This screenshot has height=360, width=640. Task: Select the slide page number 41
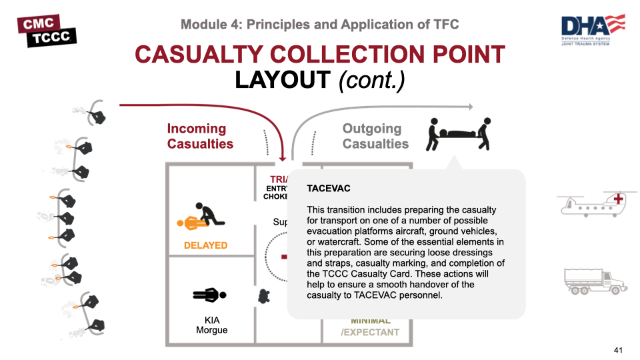coord(618,350)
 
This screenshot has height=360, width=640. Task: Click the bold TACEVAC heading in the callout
coord(329,189)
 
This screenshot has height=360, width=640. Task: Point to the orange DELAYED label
coord(205,245)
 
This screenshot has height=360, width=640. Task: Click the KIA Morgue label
coord(212,325)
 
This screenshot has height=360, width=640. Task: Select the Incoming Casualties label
coord(200,136)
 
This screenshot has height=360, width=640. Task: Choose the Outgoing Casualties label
coord(375,136)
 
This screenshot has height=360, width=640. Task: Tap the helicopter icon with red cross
coord(593,204)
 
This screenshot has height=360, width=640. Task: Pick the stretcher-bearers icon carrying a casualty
coord(460,135)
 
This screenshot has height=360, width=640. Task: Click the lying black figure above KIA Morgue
coord(209,294)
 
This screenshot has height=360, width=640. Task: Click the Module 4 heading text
coord(320,25)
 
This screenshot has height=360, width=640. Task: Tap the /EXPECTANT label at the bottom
coord(370,332)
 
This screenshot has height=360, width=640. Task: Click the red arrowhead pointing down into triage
coord(284,157)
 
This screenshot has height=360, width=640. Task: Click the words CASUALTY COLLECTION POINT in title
coord(320,55)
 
